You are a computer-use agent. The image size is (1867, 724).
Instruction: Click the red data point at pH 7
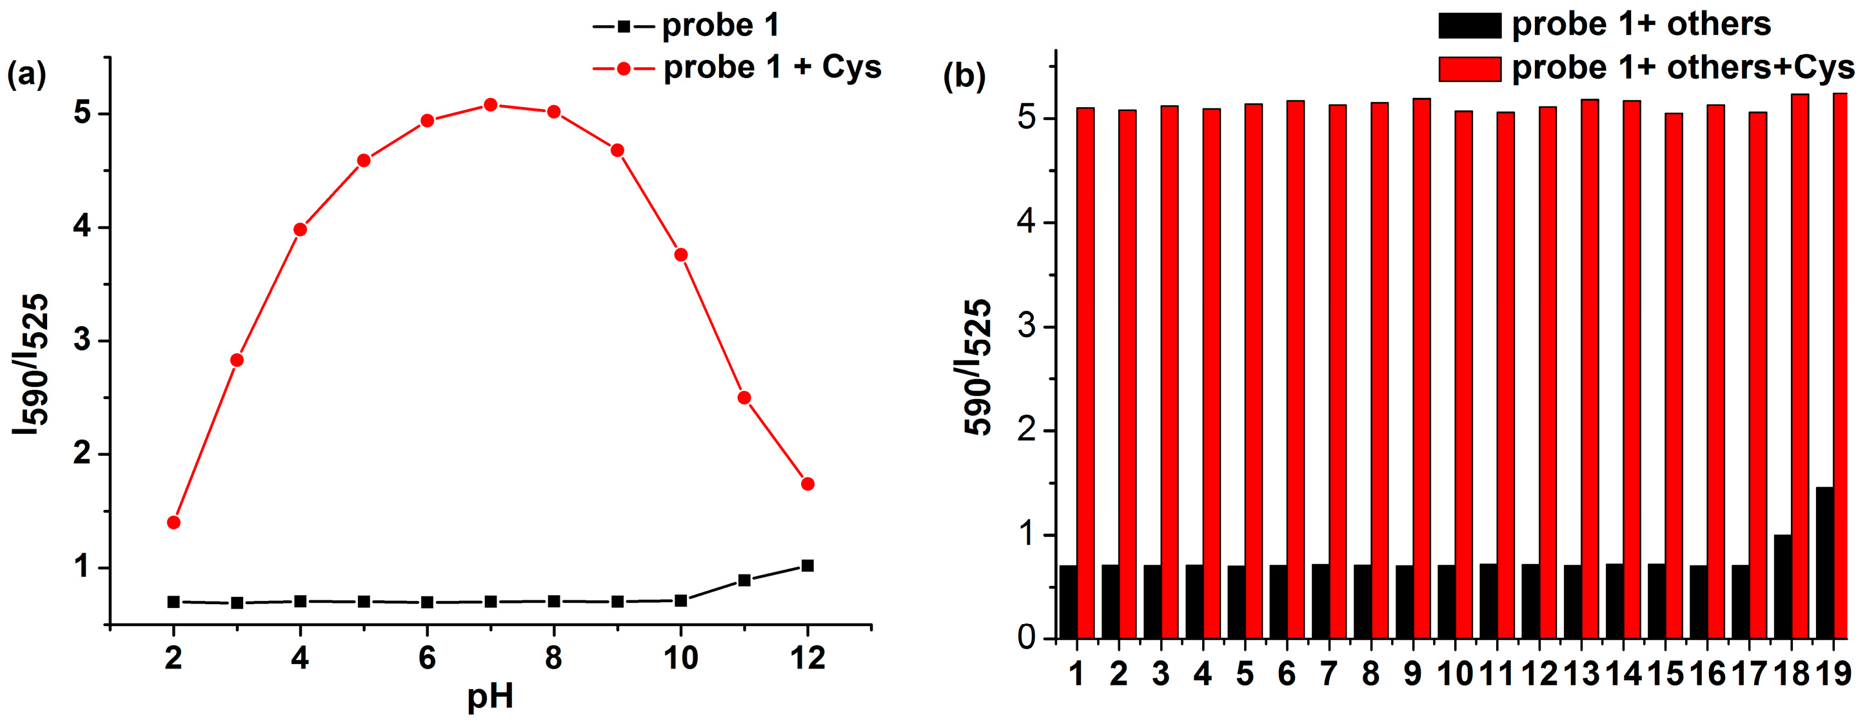click(491, 105)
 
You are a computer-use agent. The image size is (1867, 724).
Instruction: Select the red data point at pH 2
click(173, 522)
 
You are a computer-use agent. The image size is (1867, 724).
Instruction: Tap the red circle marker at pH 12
click(808, 484)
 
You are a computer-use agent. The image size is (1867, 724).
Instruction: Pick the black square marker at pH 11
click(744, 580)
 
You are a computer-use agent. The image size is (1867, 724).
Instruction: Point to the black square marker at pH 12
click(808, 566)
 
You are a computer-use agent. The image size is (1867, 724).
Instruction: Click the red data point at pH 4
click(300, 230)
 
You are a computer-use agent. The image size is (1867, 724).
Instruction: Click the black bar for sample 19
click(1824, 563)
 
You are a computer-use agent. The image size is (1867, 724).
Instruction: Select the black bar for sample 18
click(1783, 587)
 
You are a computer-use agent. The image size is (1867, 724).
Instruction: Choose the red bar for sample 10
click(1464, 375)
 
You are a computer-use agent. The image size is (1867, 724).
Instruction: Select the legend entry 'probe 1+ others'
click(1641, 24)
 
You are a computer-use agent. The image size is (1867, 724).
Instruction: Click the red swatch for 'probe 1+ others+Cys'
click(1469, 69)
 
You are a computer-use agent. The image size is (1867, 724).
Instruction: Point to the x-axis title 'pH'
click(490, 697)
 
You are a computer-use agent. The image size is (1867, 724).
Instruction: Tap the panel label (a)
click(27, 74)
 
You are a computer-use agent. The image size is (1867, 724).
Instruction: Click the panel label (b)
click(964, 75)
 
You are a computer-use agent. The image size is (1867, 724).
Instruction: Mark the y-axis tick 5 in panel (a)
click(83, 113)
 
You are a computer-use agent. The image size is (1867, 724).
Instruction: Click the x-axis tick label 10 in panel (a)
click(680, 658)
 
